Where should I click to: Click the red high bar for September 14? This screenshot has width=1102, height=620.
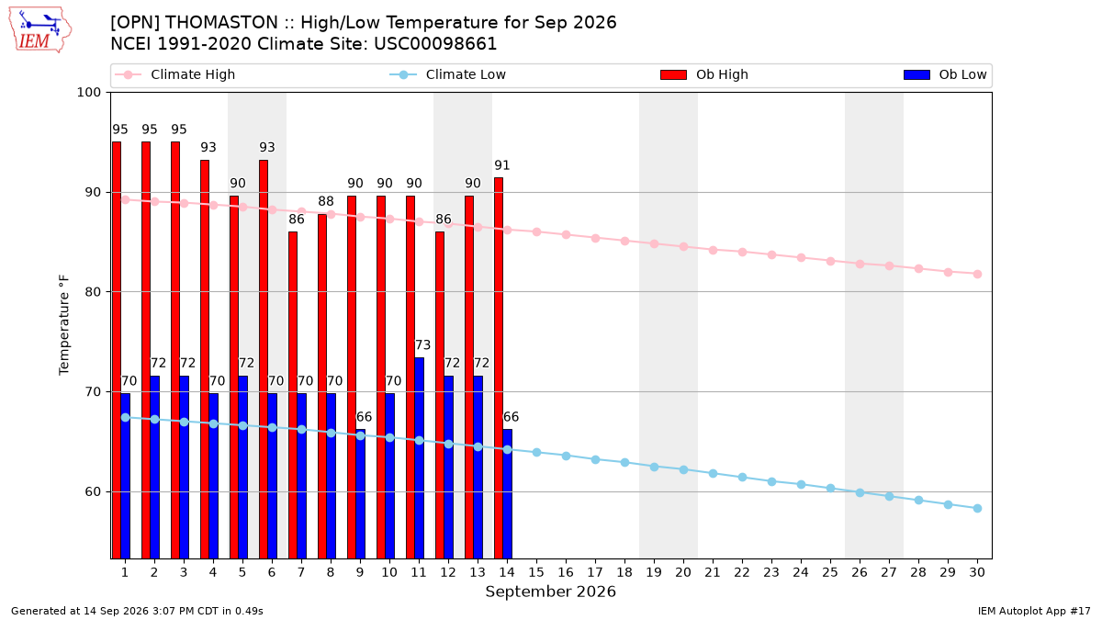(x=499, y=368)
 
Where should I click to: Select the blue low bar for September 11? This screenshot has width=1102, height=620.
(x=419, y=458)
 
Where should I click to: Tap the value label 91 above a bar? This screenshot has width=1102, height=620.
(x=501, y=165)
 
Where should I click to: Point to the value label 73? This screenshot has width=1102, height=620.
(x=422, y=345)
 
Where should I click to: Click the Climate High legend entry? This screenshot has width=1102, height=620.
(x=175, y=74)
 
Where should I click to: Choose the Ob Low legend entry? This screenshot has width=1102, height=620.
(x=945, y=74)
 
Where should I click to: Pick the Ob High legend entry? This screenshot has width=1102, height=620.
(x=704, y=74)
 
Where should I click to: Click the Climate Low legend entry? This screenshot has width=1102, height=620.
(x=448, y=74)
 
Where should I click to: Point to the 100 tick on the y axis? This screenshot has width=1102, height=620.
(x=88, y=93)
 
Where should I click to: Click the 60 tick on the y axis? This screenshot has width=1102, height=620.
(x=93, y=491)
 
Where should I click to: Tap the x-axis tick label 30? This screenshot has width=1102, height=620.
(x=977, y=572)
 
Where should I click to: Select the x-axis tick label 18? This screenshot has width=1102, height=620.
(x=624, y=572)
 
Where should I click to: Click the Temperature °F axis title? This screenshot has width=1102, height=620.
(x=64, y=325)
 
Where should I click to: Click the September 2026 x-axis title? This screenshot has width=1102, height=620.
(x=550, y=592)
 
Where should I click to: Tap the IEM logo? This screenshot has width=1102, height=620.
(x=40, y=30)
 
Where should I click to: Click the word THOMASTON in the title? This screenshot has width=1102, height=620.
(x=221, y=23)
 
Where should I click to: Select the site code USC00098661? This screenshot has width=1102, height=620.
(x=435, y=44)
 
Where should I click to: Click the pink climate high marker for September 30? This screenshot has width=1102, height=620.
(x=977, y=274)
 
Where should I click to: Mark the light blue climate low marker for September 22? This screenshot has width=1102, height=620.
(x=742, y=478)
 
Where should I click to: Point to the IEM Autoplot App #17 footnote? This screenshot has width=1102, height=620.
(x=1034, y=611)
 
